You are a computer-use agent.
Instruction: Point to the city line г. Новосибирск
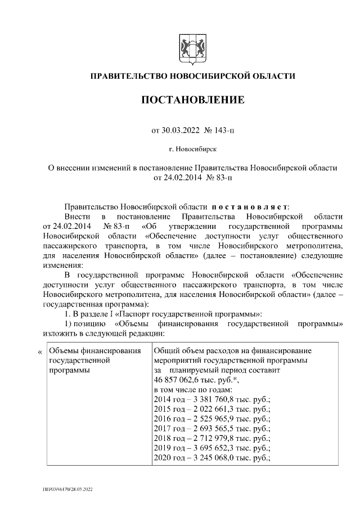point(192,150)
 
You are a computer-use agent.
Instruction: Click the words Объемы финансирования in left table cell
point(94,352)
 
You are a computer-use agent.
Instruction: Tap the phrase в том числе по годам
point(192,390)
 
